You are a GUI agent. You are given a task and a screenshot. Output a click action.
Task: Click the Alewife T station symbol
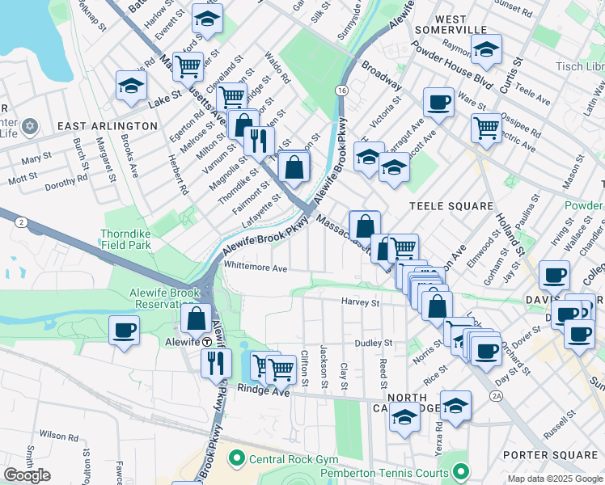pyautogui.click(x=207, y=342)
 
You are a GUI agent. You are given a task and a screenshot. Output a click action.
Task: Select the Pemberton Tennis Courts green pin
pyautogui.click(x=461, y=470)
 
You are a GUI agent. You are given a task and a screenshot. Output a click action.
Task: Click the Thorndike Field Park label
pyautogui.click(x=126, y=239)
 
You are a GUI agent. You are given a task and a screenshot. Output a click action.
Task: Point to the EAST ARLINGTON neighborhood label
pyautogui.click(x=108, y=126)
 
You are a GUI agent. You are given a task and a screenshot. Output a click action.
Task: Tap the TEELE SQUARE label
pyautogui.click(x=451, y=206)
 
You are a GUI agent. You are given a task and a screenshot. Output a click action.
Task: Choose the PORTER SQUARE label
pyautogui.click(x=550, y=455)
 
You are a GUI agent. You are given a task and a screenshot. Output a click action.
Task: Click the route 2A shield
pyautogui.click(x=496, y=396)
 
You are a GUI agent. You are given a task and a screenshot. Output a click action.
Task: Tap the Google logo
pyautogui.click(x=27, y=475)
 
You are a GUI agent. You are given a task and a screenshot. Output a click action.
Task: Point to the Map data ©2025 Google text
pyautogui.click(x=554, y=479)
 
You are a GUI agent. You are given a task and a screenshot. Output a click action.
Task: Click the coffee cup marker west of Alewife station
pyautogui.click(x=124, y=331)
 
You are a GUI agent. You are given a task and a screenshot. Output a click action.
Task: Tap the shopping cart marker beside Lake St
pyautogui.click(x=188, y=67)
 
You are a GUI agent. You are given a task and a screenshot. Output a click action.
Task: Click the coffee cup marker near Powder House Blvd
pyautogui.click(x=438, y=103)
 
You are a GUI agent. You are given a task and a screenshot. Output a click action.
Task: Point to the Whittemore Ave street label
pyautogui.click(x=256, y=268)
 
